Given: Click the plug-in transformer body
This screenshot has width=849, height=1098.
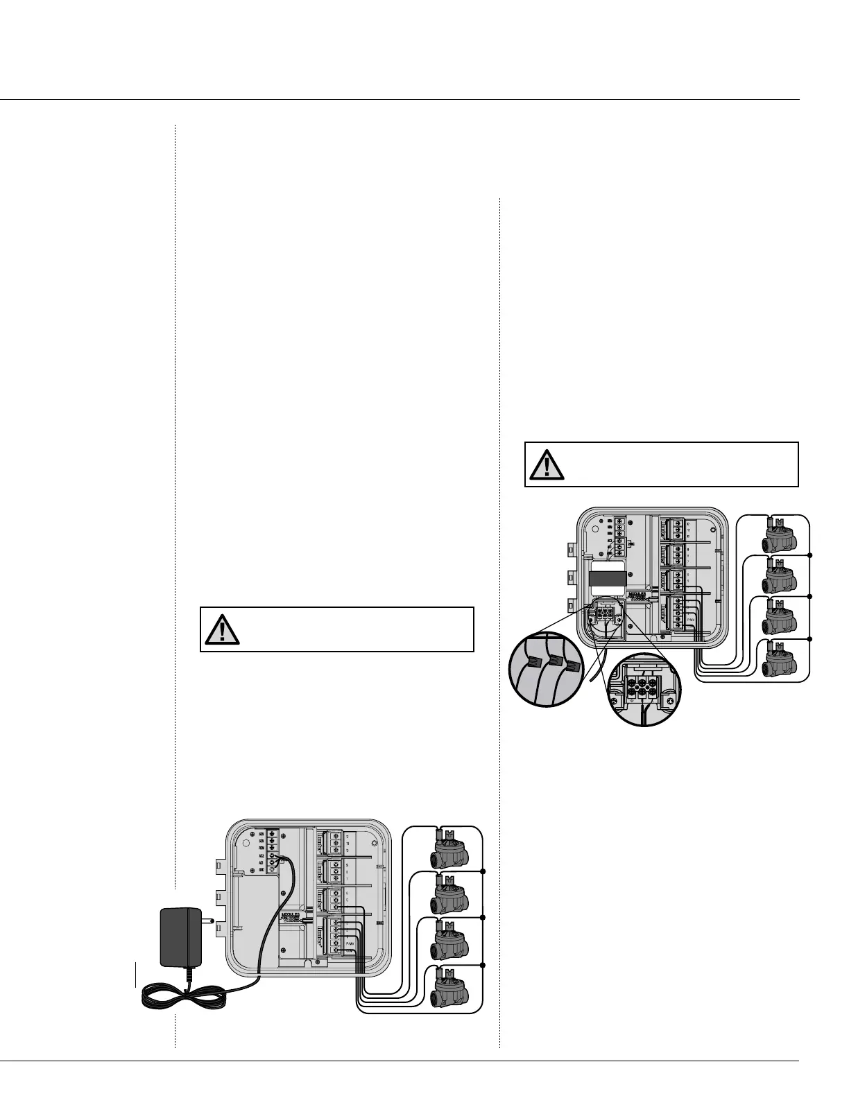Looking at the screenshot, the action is pyautogui.click(x=180, y=936).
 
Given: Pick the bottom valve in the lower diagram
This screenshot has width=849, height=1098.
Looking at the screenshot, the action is pyautogui.click(x=449, y=988).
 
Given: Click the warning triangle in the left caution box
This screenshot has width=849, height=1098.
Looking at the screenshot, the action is pyautogui.click(x=222, y=629).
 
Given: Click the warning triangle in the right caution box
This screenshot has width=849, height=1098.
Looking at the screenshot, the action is pyautogui.click(x=547, y=464).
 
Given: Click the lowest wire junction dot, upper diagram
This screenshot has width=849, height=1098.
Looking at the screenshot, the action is pyautogui.click(x=809, y=638).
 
